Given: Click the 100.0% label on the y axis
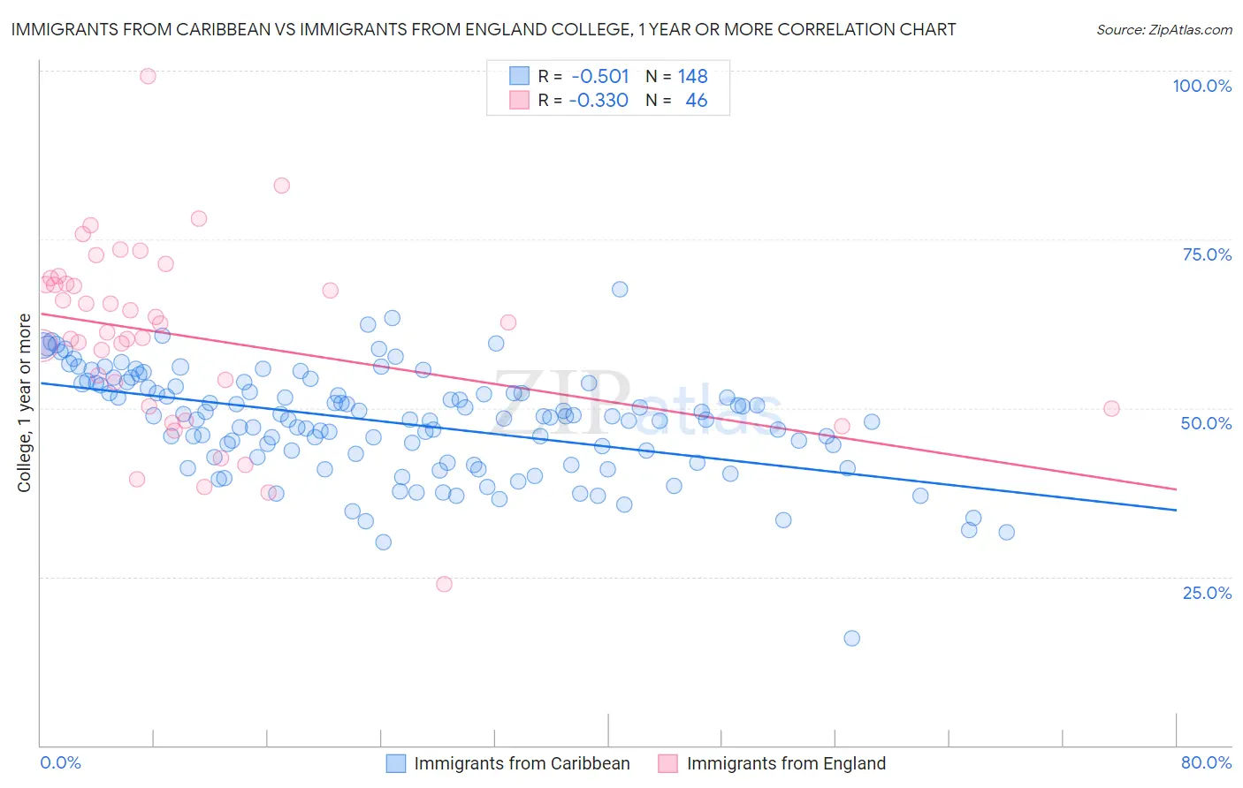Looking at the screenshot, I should pyautogui.click(x=1201, y=86).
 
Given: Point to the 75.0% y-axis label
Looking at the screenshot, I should pyautogui.click(x=1207, y=254).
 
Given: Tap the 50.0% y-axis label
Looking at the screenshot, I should pyautogui.click(x=1206, y=423).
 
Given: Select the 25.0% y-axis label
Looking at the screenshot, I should pyautogui.click(x=1207, y=592).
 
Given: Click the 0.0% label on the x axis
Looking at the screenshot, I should pyautogui.click(x=60, y=762).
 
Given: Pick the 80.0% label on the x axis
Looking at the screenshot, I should pyautogui.click(x=1206, y=762).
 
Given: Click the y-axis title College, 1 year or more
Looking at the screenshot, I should pyautogui.click(x=25, y=403).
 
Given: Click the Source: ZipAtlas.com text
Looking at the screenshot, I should pyautogui.click(x=1163, y=30).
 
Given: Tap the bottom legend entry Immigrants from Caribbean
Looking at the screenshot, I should pyautogui.click(x=522, y=763).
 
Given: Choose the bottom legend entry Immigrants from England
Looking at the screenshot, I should pyautogui.click(x=785, y=763).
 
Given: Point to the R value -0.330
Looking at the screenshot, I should pyautogui.click(x=598, y=101).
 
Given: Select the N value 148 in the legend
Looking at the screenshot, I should pyautogui.click(x=692, y=77).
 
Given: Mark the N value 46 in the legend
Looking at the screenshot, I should pyautogui.click(x=696, y=101).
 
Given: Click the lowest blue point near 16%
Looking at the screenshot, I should pyautogui.click(x=851, y=638).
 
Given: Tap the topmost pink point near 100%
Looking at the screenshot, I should pyautogui.click(x=148, y=76).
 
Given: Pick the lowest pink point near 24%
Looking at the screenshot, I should pyautogui.click(x=444, y=584).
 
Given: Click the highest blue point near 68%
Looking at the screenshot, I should pyautogui.click(x=620, y=289).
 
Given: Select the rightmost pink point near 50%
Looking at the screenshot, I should pyautogui.click(x=1111, y=408).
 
